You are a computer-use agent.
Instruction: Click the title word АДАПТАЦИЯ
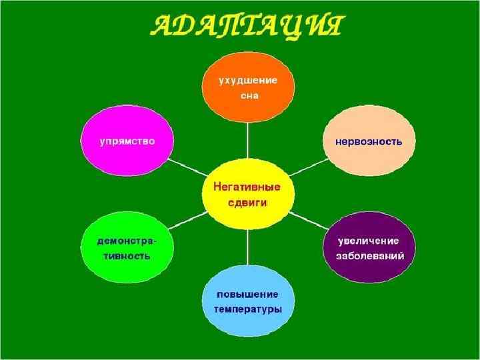[x=247, y=28]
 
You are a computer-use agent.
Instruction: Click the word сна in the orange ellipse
[x=248, y=95]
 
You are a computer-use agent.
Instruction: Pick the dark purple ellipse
[x=369, y=247]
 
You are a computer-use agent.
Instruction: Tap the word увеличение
[x=369, y=240]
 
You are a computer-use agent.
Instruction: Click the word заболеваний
[x=369, y=256]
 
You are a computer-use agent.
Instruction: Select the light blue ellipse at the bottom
[x=248, y=302]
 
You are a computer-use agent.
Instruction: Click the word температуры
[x=248, y=310]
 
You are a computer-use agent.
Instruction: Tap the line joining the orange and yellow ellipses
[x=248, y=139]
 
